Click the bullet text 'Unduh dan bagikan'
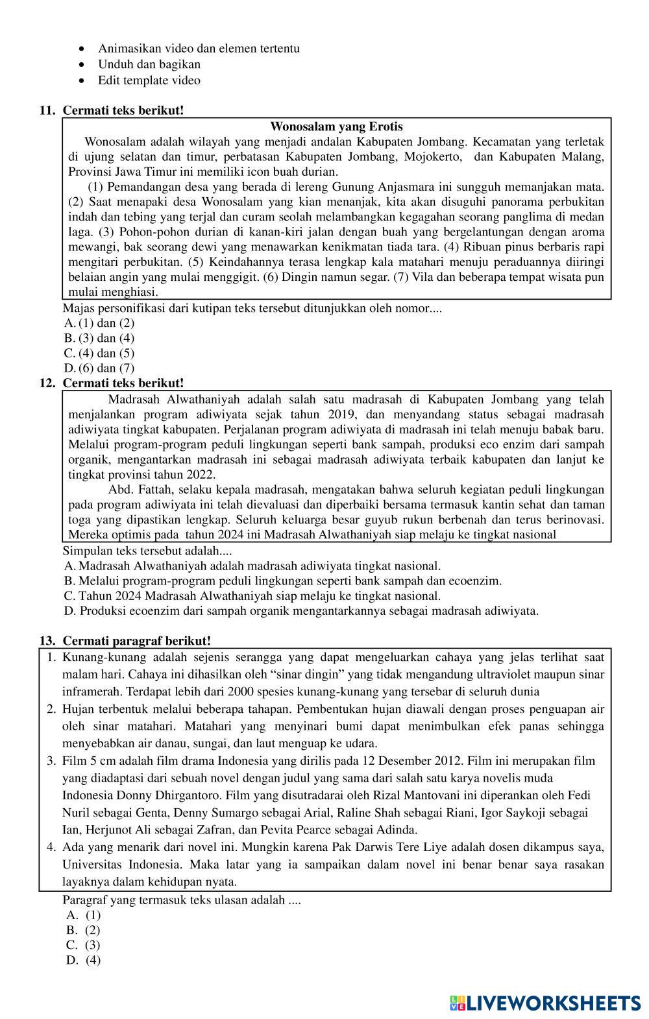[x=149, y=64]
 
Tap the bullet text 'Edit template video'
[x=149, y=80]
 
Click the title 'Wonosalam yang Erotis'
[x=336, y=126]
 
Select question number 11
[x=47, y=110]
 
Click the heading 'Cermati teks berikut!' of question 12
[x=123, y=383]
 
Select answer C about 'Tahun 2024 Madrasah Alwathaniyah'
[x=259, y=595]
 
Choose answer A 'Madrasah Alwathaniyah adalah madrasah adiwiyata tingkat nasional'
[x=259, y=566]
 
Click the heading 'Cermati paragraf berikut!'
[x=136, y=641]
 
